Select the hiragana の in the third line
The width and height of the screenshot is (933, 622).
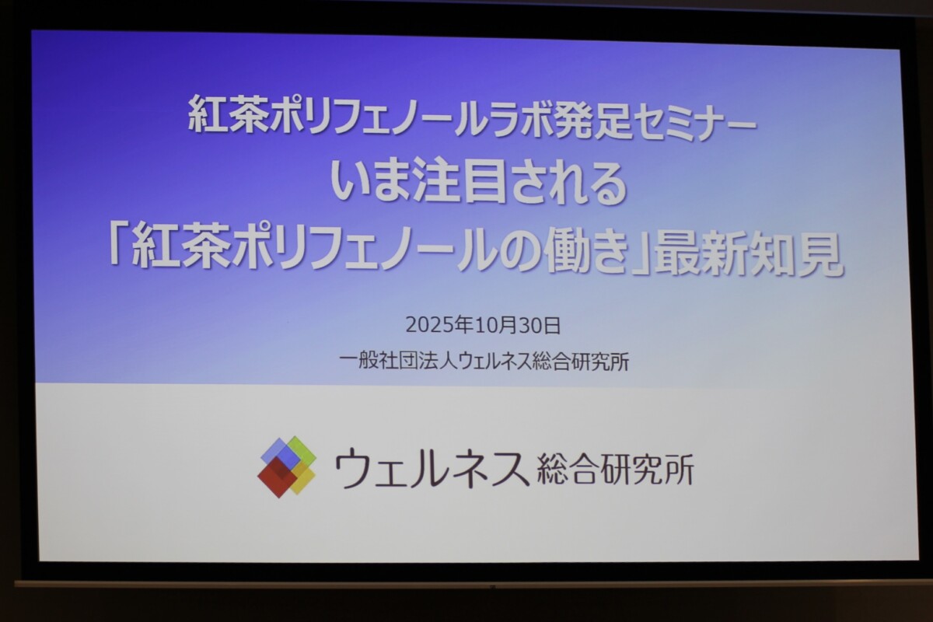(x=518, y=251)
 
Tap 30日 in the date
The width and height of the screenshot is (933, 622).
(x=540, y=327)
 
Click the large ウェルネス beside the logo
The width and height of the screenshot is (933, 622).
(x=430, y=468)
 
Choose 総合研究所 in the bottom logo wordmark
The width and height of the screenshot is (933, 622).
(x=615, y=470)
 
